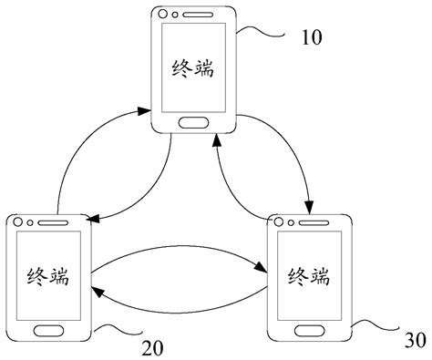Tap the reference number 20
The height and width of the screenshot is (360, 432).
tap(154, 346)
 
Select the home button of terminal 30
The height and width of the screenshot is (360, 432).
tap(309, 329)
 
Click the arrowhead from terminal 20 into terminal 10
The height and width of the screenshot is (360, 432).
tap(145, 111)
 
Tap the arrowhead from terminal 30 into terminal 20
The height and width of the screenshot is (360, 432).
tap(96, 290)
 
